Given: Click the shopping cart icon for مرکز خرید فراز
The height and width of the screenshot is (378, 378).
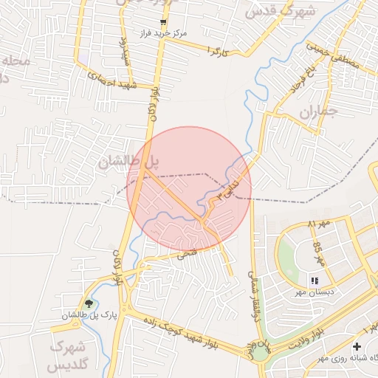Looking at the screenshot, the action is point(163,22).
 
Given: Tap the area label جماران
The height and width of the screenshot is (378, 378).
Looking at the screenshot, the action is point(318,111).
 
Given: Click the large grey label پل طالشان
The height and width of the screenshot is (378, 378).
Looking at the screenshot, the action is point(130,159).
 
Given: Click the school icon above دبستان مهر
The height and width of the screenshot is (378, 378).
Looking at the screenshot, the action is point(315,281).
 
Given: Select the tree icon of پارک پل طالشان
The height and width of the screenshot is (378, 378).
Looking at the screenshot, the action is point(89,303).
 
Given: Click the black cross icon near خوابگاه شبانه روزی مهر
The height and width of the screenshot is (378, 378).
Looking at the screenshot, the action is point(357,346).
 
